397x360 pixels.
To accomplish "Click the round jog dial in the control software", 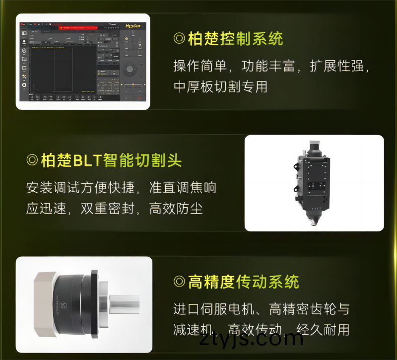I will coord(130,69).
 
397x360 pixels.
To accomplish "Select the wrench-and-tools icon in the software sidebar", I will coord(24,76).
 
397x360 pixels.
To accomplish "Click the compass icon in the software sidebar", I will coord(24,51).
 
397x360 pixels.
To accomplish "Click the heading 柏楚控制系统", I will coord(235,39).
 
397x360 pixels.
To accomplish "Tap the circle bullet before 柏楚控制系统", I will coord(179,39).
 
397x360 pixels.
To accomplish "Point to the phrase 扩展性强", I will coord(339,66).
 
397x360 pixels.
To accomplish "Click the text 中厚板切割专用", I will coord(220,87).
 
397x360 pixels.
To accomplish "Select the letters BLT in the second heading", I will coord(87,160).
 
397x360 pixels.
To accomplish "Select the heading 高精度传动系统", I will coord(243,282).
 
